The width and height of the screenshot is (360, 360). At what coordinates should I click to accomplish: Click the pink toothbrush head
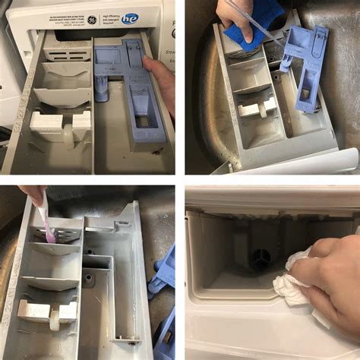click(x=50, y=235)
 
